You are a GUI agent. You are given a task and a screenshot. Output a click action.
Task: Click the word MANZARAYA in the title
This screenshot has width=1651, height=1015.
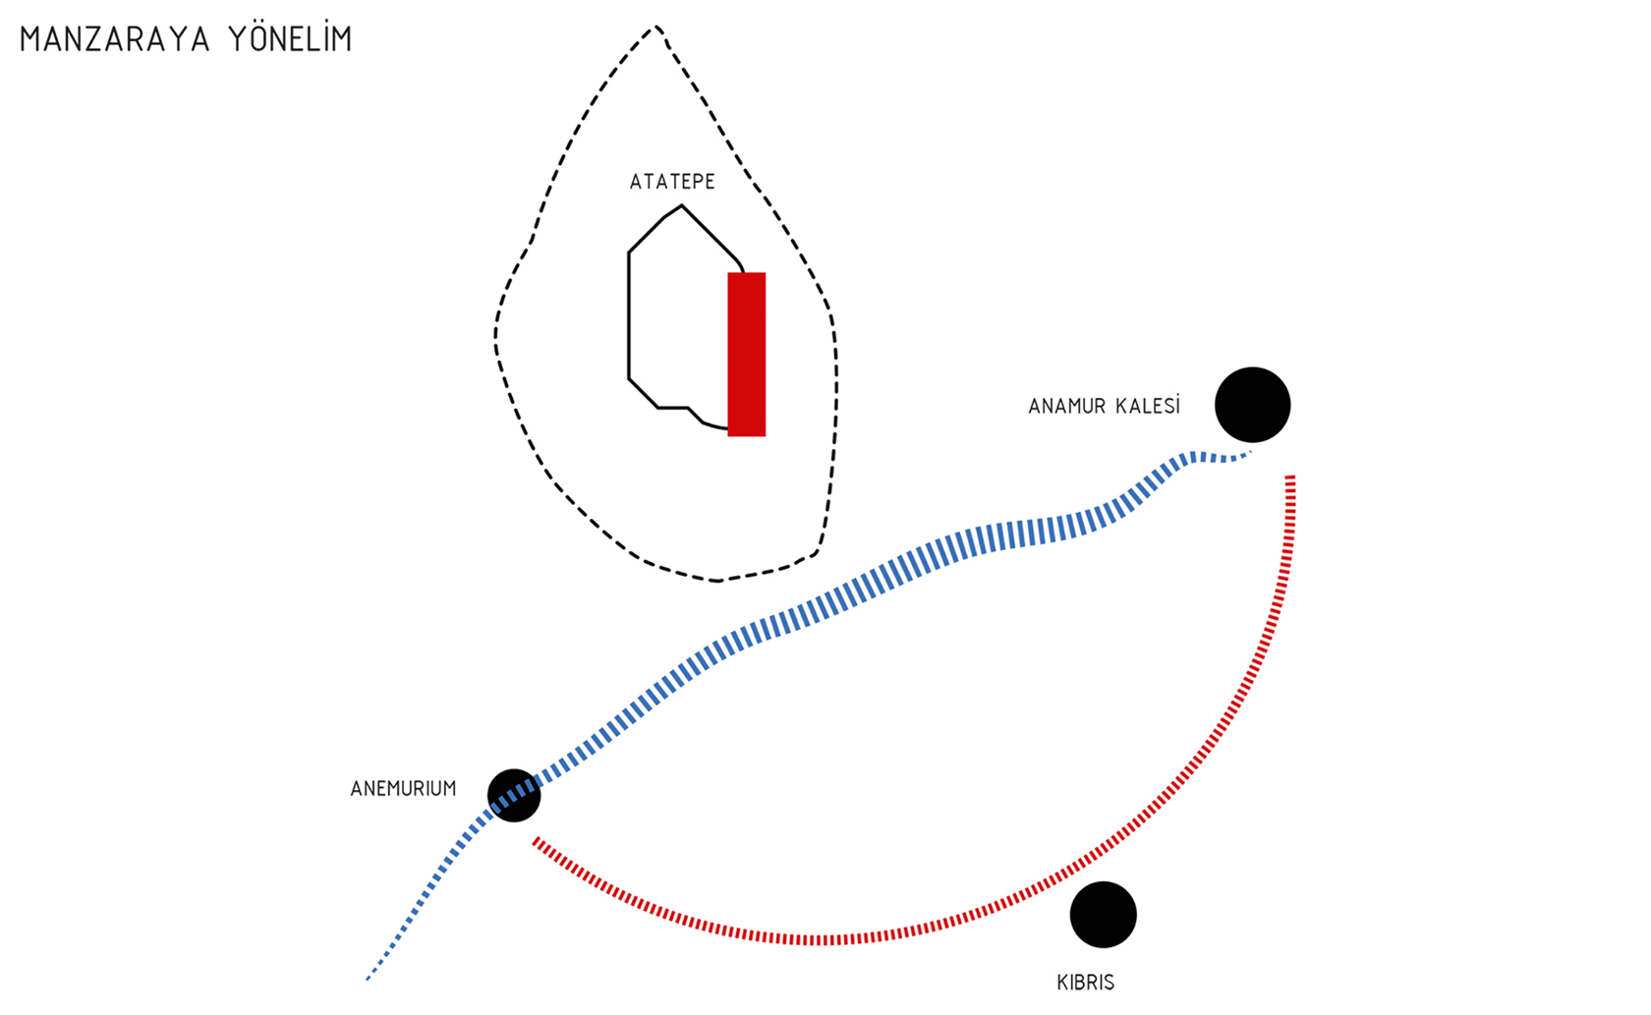pos(114,39)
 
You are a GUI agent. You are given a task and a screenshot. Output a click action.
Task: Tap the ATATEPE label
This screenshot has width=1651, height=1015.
pos(672,182)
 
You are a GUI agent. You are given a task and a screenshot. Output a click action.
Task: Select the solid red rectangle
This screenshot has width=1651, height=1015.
pos(747,354)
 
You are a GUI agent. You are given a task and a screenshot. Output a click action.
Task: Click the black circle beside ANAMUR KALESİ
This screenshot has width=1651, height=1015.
pos(1252,405)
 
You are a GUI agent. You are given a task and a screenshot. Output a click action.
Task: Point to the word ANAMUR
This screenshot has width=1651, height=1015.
pos(1065,407)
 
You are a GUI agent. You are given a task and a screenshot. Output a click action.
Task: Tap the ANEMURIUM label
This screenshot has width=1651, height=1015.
pos(403,789)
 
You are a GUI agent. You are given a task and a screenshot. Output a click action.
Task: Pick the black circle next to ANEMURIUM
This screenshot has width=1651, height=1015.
pos(514,795)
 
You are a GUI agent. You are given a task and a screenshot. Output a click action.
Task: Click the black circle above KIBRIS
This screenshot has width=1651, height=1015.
pos(1103,915)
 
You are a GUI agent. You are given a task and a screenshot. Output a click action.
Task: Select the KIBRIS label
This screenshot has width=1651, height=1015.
pos(1085,983)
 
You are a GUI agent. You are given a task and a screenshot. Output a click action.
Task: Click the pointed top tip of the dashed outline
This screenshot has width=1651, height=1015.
pos(656,27)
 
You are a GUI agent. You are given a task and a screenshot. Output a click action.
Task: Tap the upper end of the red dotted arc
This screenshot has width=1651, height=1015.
pos(1290,479)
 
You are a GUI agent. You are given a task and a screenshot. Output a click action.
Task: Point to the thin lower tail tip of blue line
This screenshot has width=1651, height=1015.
pos(368,979)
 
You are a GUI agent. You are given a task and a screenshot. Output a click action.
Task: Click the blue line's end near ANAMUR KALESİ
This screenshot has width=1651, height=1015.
pos(1248,454)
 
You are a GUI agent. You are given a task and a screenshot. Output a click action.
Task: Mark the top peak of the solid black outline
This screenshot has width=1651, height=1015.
pos(681,206)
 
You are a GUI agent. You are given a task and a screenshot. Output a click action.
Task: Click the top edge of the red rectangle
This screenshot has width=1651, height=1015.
pos(747,274)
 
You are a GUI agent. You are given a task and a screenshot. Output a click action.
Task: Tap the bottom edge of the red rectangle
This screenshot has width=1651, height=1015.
pos(747,434)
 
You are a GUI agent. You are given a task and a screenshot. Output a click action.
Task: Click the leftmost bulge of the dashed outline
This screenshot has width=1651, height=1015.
pos(495,334)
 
